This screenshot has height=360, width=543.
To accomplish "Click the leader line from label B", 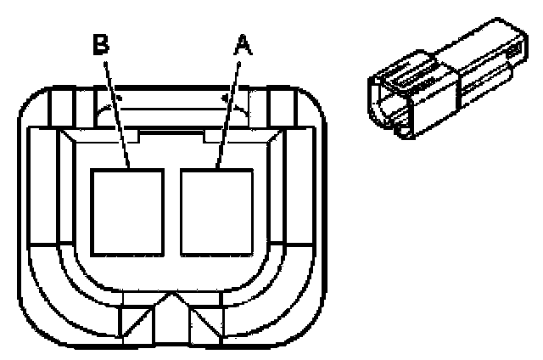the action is click(115, 110).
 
